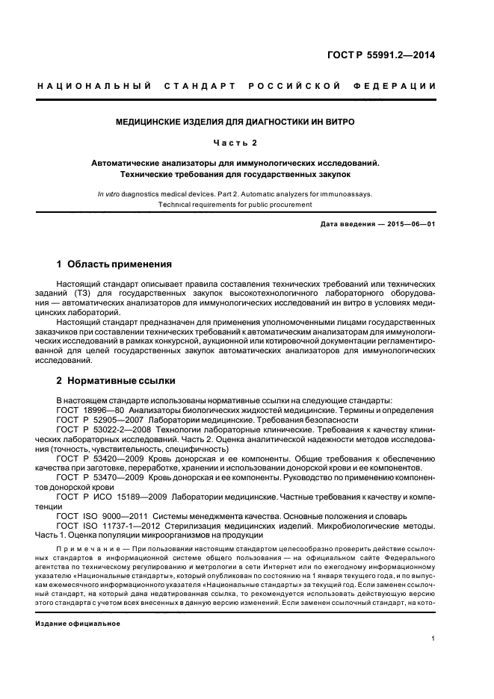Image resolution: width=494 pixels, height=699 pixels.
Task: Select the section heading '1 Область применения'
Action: pos(114,264)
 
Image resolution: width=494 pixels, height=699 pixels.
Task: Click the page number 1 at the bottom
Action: pos(433,639)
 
